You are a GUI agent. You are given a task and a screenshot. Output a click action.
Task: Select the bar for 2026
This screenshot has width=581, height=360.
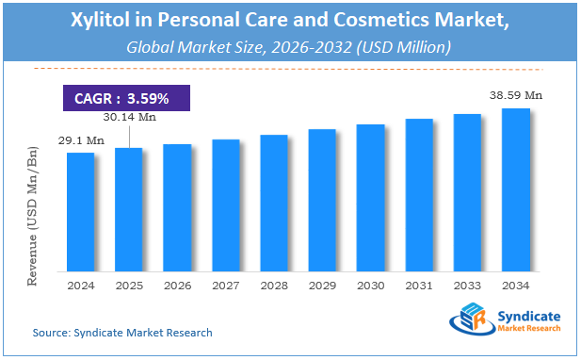[x=177, y=206]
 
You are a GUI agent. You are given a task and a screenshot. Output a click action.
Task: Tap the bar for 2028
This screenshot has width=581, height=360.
[x=273, y=202]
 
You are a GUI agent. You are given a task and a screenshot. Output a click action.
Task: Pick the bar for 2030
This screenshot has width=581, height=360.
[x=370, y=197]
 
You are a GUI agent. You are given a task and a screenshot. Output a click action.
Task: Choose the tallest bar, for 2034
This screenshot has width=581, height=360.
[x=515, y=188]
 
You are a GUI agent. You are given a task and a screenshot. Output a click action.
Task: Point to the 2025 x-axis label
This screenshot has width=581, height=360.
[x=128, y=284]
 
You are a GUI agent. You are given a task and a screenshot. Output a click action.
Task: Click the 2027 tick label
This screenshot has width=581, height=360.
[x=225, y=284]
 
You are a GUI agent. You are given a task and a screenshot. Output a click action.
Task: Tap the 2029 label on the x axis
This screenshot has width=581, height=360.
[x=322, y=284]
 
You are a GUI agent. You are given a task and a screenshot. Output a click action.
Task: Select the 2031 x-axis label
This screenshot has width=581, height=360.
[x=418, y=284]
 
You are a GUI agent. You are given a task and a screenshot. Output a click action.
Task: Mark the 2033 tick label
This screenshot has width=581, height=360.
[x=467, y=284]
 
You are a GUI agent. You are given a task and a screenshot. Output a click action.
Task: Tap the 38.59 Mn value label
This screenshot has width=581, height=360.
[x=515, y=95]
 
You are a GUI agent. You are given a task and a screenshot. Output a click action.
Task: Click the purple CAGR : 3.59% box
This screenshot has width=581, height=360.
[x=126, y=98]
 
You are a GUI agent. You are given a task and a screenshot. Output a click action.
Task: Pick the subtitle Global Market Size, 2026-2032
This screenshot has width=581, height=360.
[x=291, y=46]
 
